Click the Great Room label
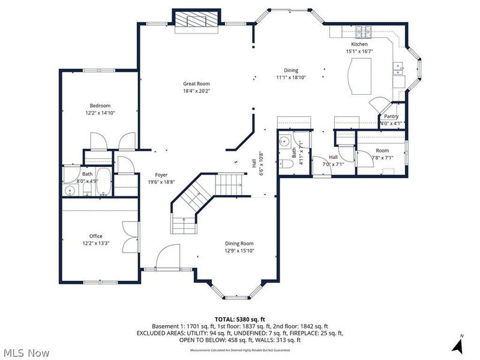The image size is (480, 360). click(x=196, y=84)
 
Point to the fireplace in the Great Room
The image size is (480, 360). click(x=196, y=19)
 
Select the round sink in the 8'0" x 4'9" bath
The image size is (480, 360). click(x=71, y=191)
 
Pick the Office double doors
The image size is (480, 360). click(x=128, y=238)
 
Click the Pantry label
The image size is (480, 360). click(x=391, y=116)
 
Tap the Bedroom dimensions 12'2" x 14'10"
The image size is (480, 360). click(x=100, y=113)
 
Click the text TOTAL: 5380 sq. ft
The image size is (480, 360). click(x=239, y=319)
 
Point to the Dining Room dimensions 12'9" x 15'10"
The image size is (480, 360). click(x=239, y=251)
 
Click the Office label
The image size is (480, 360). click(x=96, y=236)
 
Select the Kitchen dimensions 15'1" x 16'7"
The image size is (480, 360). click(x=359, y=52)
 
